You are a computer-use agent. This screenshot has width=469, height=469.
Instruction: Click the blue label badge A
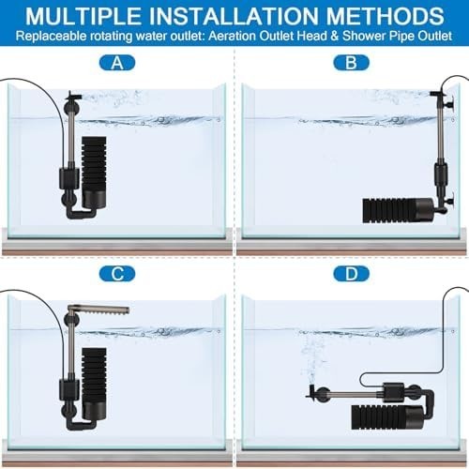tap(117, 63)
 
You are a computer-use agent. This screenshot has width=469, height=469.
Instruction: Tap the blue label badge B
tap(352, 63)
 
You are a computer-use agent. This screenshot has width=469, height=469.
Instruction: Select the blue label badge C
tap(117, 274)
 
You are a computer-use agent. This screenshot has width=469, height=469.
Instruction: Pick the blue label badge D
tap(352, 274)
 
